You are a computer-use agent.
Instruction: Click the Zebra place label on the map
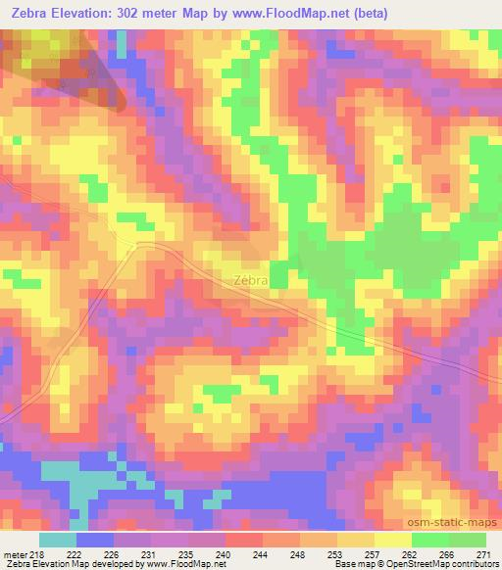point(251,280)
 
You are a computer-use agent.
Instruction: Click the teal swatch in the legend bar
point(58,540)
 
